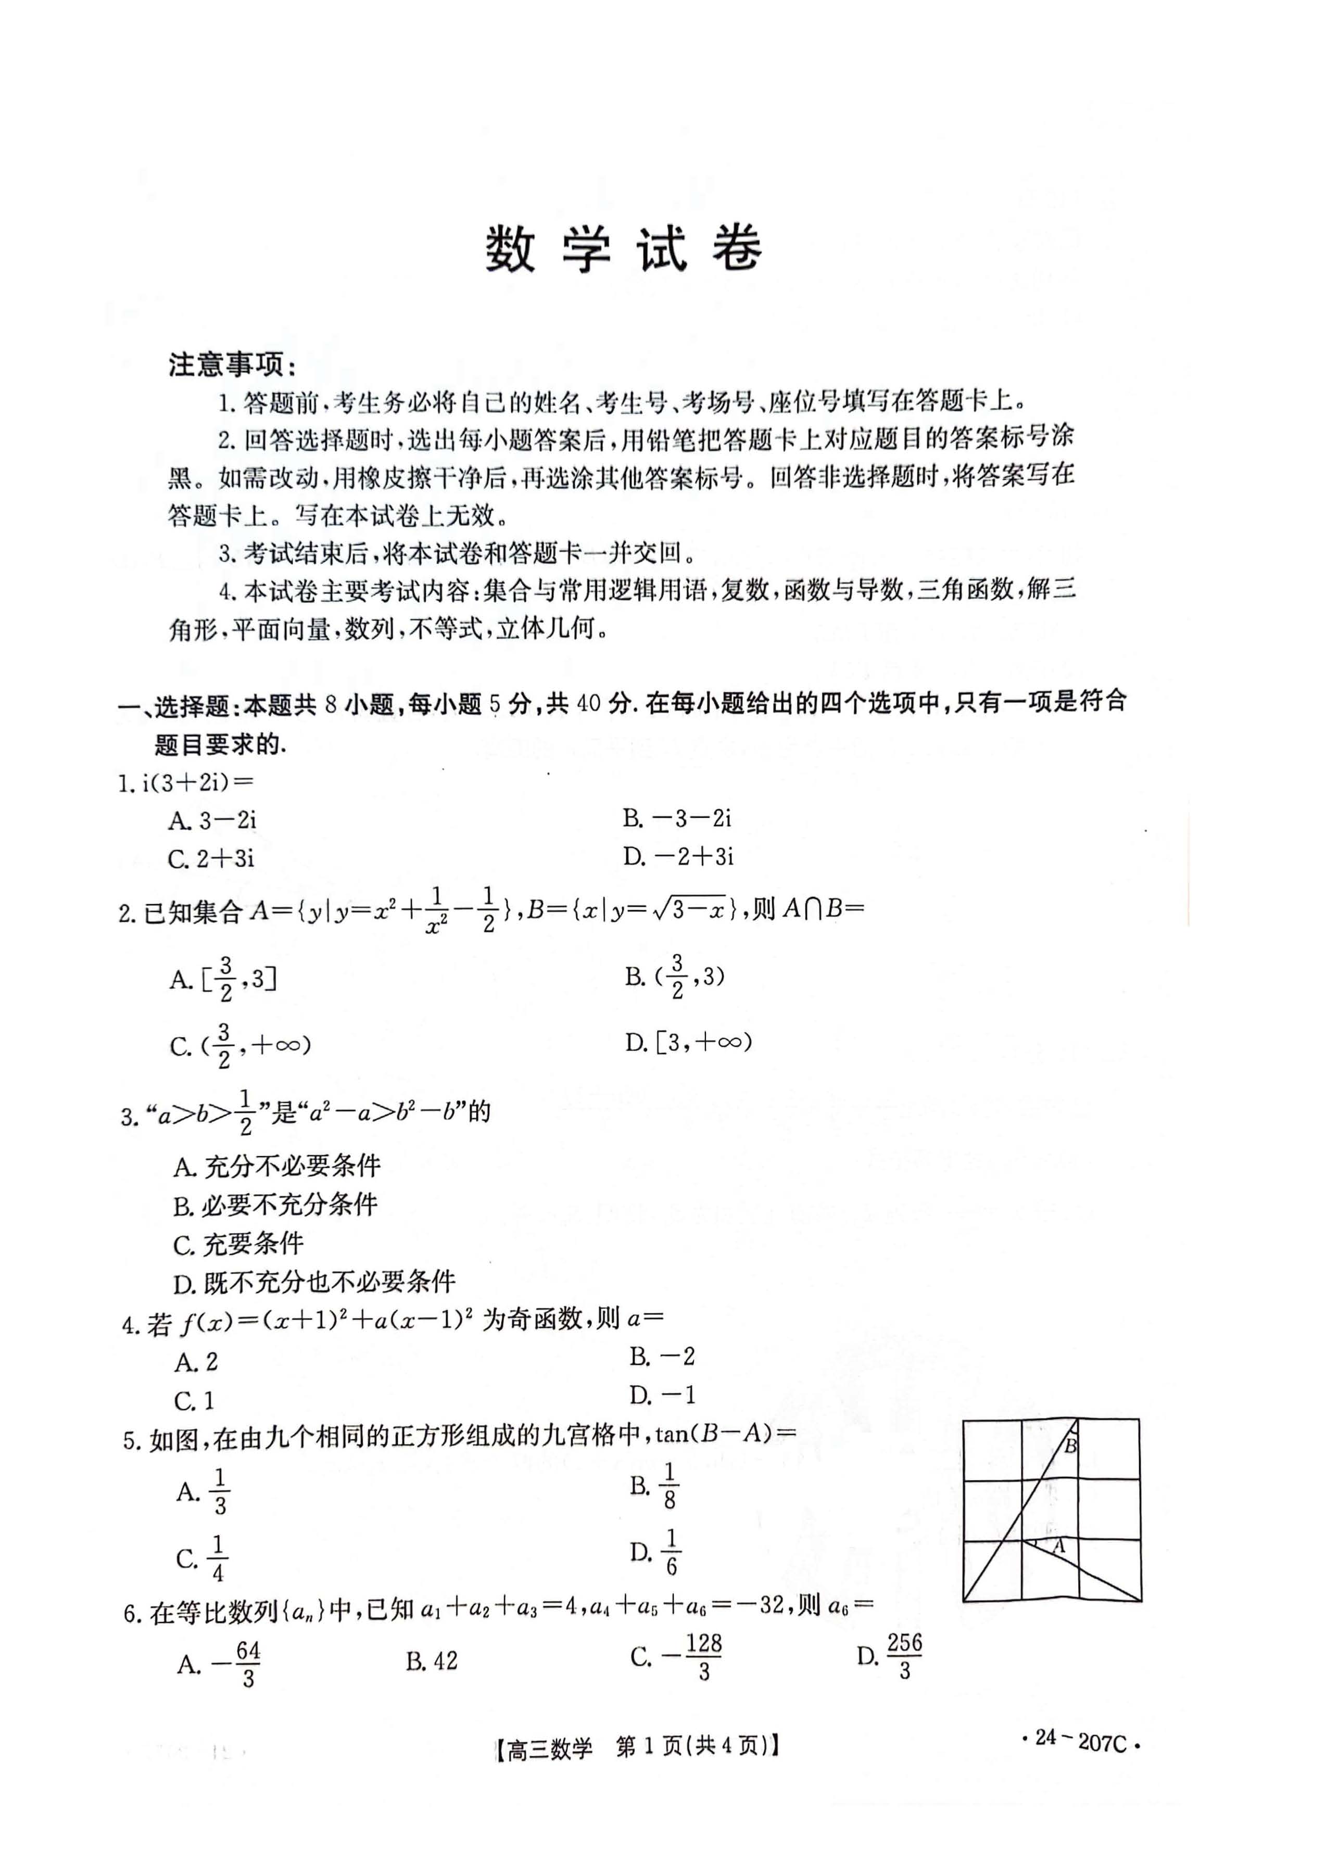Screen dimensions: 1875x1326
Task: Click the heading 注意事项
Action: pyautogui.click(x=232, y=365)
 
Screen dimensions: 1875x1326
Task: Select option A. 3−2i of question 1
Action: pyautogui.click(x=213, y=820)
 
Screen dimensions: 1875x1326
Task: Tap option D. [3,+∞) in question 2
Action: pyautogui.click(x=688, y=1042)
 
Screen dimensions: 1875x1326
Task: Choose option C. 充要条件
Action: pyautogui.click(x=238, y=1244)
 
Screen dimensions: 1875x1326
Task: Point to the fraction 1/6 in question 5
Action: pyautogui.click(x=671, y=1552)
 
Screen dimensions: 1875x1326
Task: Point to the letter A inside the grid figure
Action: pyautogui.click(x=1060, y=1546)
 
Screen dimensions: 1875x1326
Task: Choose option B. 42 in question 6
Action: pyautogui.click(x=432, y=1660)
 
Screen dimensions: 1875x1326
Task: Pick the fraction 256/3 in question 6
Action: pyautogui.click(x=905, y=1656)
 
